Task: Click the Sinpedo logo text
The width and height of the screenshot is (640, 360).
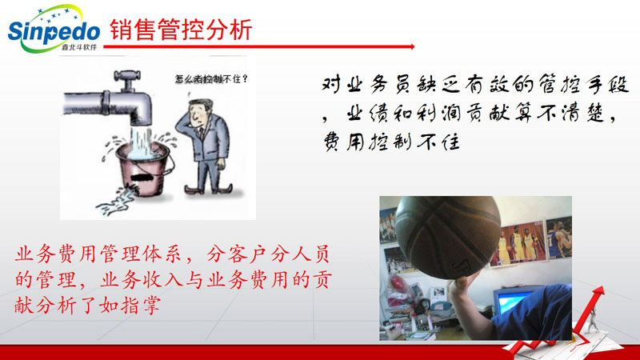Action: click(54, 31)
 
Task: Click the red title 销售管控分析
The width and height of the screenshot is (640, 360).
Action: click(181, 30)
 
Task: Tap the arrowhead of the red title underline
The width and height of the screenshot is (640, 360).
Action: click(413, 46)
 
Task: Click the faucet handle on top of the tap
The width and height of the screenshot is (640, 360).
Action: click(128, 76)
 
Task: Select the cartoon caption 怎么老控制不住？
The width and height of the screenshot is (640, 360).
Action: click(211, 78)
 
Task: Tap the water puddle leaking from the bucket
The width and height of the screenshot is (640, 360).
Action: click(116, 201)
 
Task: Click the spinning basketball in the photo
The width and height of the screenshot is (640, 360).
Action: click(448, 237)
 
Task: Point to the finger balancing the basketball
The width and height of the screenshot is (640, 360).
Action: click(461, 282)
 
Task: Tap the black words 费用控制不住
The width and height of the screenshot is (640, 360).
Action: click(392, 142)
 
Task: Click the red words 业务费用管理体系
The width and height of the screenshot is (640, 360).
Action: click(98, 254)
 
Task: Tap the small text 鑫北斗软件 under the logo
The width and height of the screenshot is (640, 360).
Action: click(78, 47)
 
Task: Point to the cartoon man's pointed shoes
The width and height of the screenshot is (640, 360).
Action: click(208, 189)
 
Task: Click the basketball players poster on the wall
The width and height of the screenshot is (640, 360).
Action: click(518, 243)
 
